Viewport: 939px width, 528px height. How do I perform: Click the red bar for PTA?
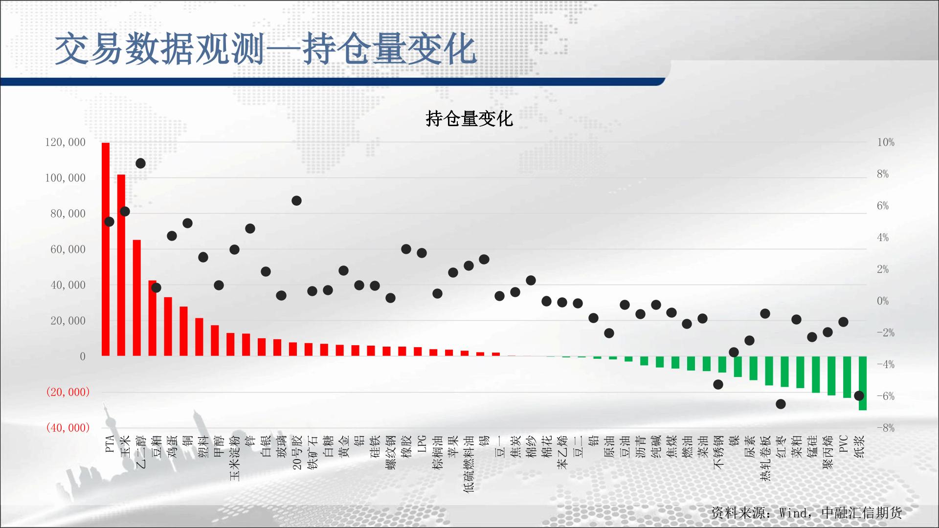(106, 249)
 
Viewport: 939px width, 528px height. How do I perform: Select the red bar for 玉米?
(121, 265)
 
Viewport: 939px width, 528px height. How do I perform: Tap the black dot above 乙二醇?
(140, 163)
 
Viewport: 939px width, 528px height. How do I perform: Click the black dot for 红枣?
(781, 404)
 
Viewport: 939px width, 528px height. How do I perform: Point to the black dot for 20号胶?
(296, 200)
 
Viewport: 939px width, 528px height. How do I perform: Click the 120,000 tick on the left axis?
(65, 142)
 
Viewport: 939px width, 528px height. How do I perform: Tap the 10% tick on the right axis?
(886, 142)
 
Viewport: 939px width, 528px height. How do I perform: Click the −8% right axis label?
(886, 428)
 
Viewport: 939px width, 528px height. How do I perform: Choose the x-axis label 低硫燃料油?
(469, 464)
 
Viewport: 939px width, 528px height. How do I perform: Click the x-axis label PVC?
(844, 444)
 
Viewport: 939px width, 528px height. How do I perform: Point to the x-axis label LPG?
(422, 444)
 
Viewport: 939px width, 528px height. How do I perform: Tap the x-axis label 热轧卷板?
(765, 458)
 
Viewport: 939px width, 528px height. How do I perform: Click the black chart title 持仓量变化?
(469, 119)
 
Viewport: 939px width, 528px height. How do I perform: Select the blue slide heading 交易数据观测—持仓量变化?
(266, 49)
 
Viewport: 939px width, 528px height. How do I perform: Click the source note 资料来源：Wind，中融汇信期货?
(806, 512)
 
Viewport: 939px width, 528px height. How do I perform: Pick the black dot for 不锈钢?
(718, 384)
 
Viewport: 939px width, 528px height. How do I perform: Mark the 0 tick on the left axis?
(83, 356)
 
